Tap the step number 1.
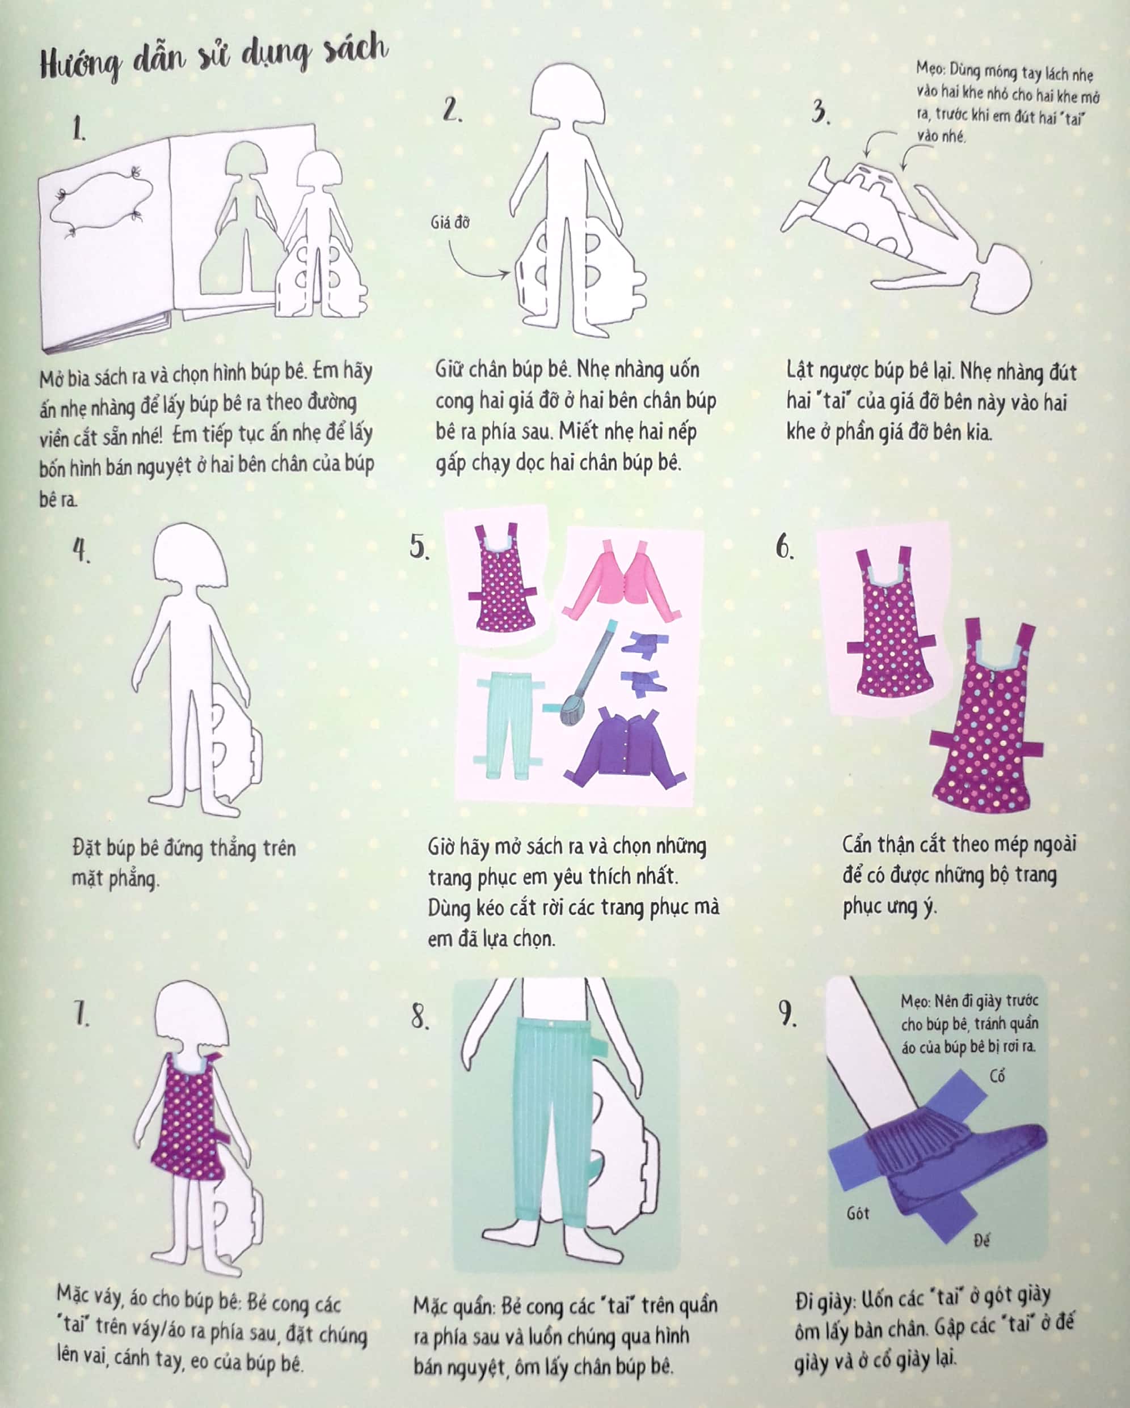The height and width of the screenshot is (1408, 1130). click(x=79, y=129)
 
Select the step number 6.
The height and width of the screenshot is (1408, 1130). click(x=785, y=547)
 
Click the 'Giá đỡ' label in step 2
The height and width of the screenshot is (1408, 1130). click(x=450, y=223)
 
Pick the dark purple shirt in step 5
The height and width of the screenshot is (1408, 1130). click(x=626, y=748)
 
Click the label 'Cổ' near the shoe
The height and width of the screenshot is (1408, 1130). click(x=997, y=1076)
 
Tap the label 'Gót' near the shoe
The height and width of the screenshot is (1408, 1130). click(x=858, y=1214)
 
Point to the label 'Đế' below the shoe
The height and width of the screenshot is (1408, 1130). click(x=981, y=1239)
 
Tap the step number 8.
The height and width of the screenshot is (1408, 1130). click(x=420, y=1017)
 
